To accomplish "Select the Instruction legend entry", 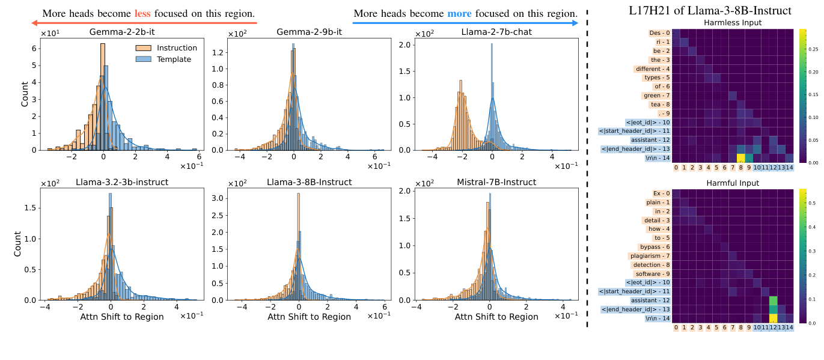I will (x=163, y=48).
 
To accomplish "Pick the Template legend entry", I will (x=163, y=59).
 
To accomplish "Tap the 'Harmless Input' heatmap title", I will (x=731, y=23).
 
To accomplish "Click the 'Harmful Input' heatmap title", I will (x=731, y=183).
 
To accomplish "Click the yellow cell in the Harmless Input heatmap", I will (x=740, y=158).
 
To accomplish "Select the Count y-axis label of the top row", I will (x=25, y=93).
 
